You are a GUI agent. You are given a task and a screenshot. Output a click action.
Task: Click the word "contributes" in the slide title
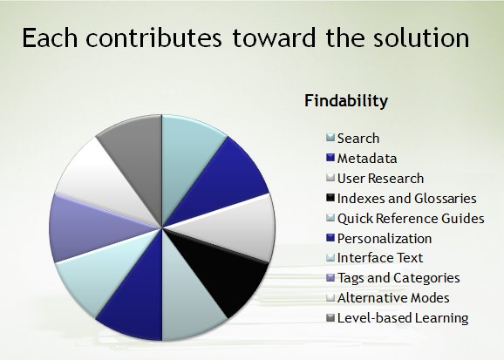tap(153, 38)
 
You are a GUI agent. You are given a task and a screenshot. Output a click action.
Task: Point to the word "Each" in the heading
tap(50, 38)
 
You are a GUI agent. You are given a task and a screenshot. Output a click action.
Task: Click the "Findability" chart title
tap(346, 100)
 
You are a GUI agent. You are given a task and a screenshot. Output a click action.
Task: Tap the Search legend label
tap(358, 139)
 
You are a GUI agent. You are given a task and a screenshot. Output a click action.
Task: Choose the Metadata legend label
tap(367, 159)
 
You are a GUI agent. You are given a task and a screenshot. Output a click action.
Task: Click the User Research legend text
tap(380, 179)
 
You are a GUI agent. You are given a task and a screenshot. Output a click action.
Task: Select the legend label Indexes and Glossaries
tap(407, 199)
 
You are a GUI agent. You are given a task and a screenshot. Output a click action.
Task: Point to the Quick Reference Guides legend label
tap(411, 219)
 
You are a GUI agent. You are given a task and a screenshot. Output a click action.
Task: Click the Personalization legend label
tap(385, 239)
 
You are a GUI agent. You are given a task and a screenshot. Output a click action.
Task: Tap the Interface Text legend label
tap(380, 258)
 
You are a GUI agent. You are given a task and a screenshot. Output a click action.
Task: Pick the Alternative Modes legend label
tap(393, 297)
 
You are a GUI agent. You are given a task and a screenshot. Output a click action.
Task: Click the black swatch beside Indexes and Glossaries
tap(330, 198)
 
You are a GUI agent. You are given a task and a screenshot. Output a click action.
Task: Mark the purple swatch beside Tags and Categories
tap(330, 277)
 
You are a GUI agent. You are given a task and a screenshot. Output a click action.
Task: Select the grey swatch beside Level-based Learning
tap(330, 317)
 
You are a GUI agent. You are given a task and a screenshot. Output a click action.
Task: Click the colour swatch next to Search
tap(330, 138)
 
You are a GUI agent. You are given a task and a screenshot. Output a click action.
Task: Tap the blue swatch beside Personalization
tap(330, 238)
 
